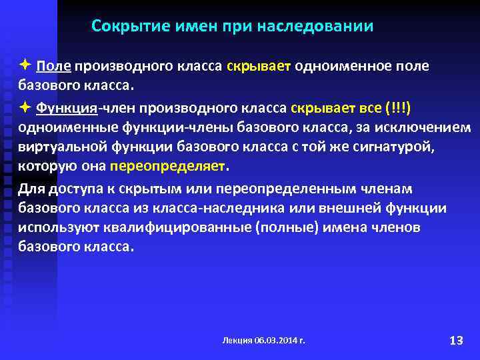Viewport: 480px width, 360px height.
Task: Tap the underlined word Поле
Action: tap(55, 67)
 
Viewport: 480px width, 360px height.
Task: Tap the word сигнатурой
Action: tap(405, 147)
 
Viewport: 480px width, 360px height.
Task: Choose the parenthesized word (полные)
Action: tap(267, 227)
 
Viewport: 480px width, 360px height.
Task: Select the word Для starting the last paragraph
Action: tap(31, 188)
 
